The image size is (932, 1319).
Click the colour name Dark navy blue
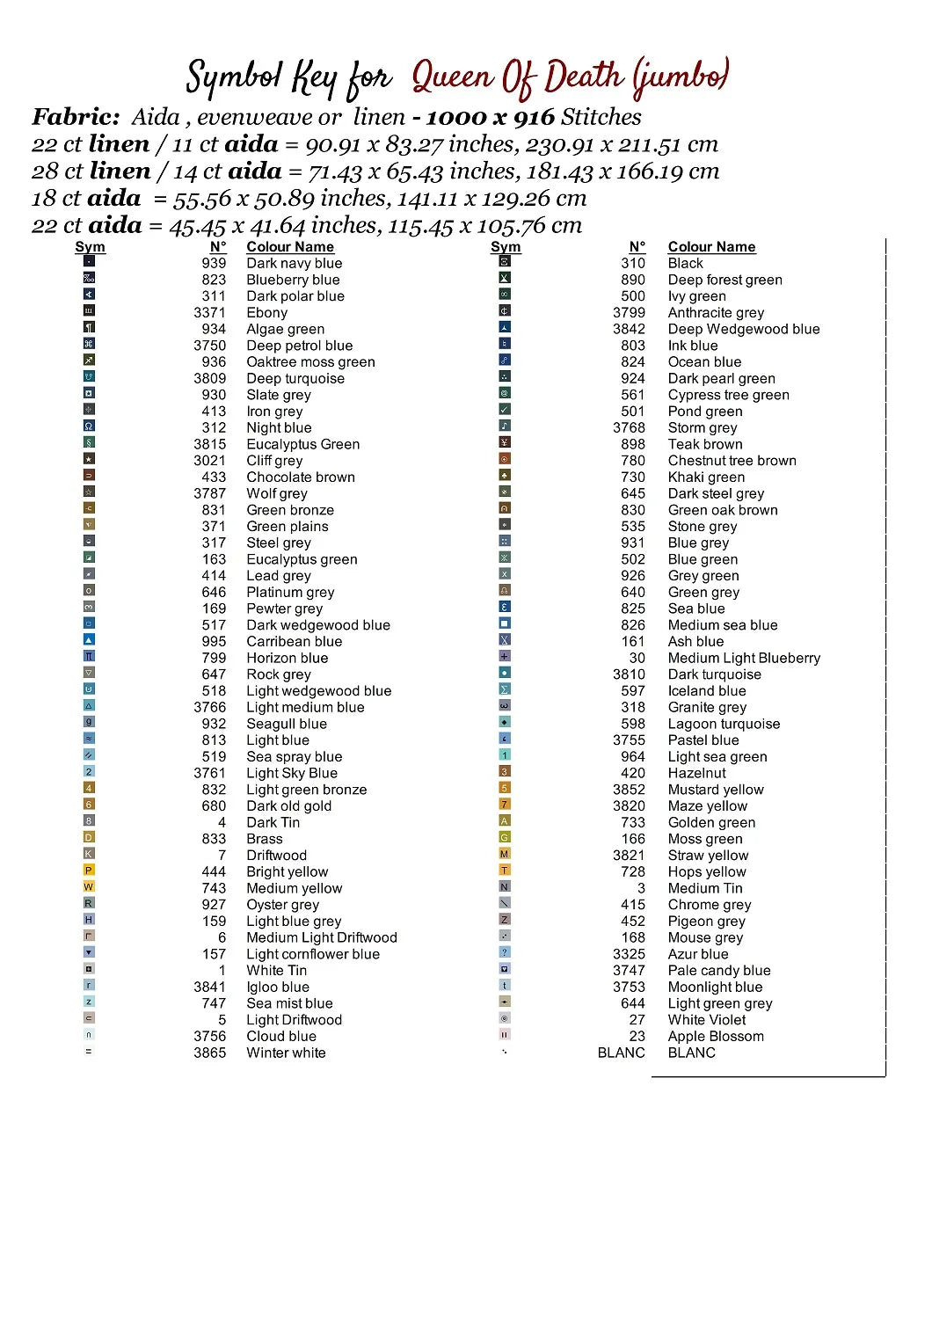click(x=294, y=263)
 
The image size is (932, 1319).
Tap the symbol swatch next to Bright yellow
click(x=89, y=871)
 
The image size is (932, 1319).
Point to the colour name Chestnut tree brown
click(x=732, y=461)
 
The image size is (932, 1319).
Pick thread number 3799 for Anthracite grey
click(x=629, y=312)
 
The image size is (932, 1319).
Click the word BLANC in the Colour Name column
click(x=691, y=1053)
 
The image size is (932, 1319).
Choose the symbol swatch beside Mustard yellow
click(x=505, y=788)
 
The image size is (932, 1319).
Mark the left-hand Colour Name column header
click(x=290, y=247)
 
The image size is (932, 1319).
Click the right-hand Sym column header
click(x=506, y=247)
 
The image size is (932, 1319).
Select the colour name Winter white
click(x=286, y=1053)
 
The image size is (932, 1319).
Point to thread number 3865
click(x=209, y=1053)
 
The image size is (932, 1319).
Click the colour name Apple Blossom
click(x=716, y=1036)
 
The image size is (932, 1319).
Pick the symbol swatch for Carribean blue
click(x=89, y=640)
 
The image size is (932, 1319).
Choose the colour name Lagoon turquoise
click(x=724, y=724)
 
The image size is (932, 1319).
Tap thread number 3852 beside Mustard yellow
click(x=629, y=790)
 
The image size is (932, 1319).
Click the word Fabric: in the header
click(x=76, y=117)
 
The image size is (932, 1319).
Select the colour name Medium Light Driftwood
click(x=322, y=937)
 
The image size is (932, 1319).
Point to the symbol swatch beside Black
click(x=505, y=261)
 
